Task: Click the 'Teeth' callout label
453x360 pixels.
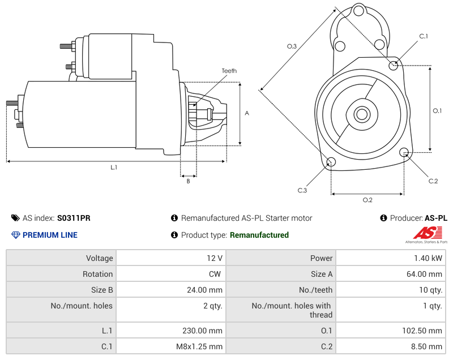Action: [x=229, y=71]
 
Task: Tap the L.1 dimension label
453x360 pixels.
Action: [x=114, y=167]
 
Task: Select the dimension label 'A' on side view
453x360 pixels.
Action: [x=246, y=113]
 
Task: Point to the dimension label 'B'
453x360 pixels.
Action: [x=189, y=181]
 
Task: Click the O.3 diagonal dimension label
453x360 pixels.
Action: [x=292, y=46]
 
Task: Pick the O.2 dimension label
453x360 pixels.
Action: [x=367, y=200]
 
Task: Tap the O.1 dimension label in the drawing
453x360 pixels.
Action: [x=437, y=111]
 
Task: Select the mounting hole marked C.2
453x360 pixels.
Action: [x=404, y=152]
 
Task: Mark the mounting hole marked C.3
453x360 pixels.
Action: [x=331, y=163]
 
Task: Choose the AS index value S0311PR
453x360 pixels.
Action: [x=74, y=218]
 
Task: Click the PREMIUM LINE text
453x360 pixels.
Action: [x=50, y=235]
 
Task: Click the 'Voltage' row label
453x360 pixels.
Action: [x=99, y=258]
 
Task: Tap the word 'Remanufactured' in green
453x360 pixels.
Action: [x=259, y=235]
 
